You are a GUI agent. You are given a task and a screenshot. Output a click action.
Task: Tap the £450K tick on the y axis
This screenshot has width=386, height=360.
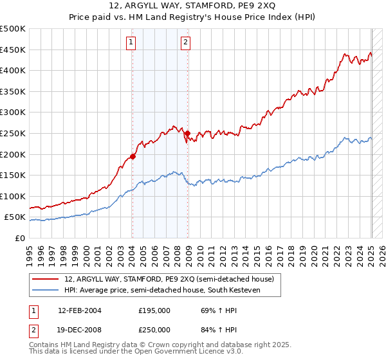(13, 50)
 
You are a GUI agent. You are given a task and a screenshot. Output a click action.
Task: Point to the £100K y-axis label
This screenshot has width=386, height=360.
(13, 196)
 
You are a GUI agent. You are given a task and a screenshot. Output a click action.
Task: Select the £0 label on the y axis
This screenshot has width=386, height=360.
(21, 238)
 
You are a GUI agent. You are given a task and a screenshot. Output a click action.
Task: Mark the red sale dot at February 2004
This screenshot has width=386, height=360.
(133, 156)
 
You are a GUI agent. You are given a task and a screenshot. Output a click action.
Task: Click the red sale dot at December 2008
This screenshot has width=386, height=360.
(188, 134)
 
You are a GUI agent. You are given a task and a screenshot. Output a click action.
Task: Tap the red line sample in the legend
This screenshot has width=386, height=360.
(46, 279)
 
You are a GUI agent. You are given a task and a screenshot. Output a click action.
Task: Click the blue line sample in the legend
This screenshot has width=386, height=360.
(46, 290)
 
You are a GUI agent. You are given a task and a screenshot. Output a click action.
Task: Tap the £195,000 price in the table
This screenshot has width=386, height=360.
(154, 310)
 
